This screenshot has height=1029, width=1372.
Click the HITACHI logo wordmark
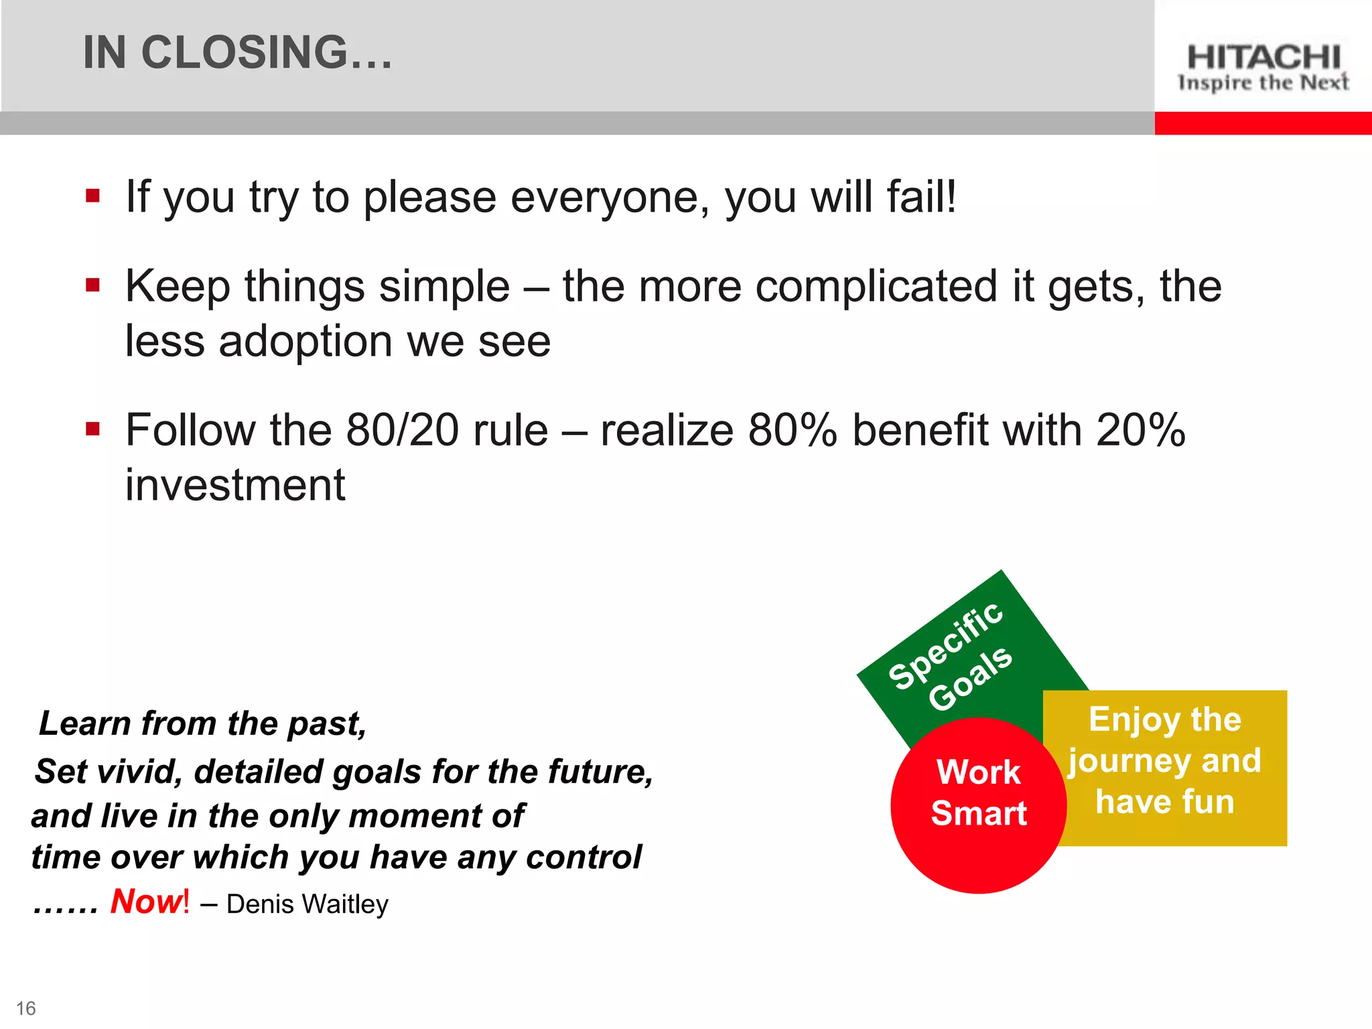pyautogui.click(x=1263, y=58)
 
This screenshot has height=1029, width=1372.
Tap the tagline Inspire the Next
pyautogui.click(x=1263, y=83)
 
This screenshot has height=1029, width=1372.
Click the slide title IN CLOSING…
pyautogui.click(x=237, y=52)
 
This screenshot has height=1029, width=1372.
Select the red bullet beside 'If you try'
pyautogui.click(x=93, y=196)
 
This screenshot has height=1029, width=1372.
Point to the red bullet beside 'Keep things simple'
pyautogui.click(x=93, y=286)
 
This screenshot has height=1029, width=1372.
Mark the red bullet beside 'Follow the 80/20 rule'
pyautogui.click(x=93, y=429)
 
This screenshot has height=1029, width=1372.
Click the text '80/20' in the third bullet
pyautogui.click(x=402, y=430)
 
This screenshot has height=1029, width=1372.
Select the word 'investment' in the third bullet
pyautogui.click(x=235, y=485)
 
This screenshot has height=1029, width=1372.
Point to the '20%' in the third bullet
pyautogui.click(x=1140, y=430)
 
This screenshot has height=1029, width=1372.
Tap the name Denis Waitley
pyautogui.click(x=307, y=904)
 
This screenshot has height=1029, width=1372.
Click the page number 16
pyautogui.click(x=26, y=1008)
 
